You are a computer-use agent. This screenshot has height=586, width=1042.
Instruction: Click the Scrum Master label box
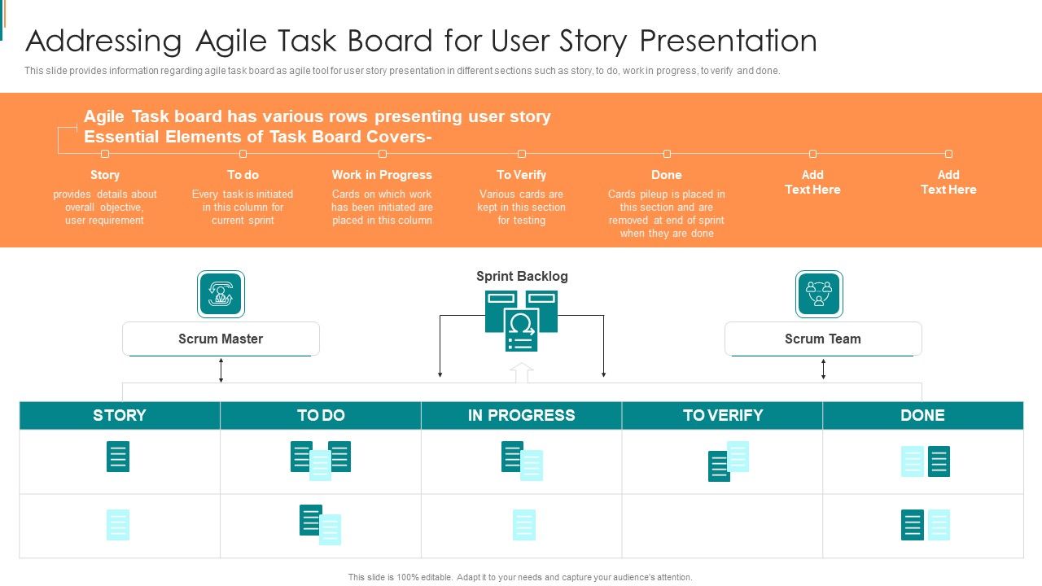pos(221,339)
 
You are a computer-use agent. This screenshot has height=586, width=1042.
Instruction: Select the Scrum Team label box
pos(823,339)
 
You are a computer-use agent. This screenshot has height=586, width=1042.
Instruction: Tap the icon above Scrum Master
pos(221,294)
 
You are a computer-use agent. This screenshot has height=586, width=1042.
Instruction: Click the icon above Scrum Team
pos(819,294)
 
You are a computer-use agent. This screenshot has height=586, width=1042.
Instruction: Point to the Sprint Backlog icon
pos(521,321)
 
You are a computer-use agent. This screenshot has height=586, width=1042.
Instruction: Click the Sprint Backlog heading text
pos(522,276)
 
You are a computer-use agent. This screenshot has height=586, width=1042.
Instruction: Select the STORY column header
pos(120,415)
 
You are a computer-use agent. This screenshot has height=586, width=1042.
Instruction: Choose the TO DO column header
pos(321,415)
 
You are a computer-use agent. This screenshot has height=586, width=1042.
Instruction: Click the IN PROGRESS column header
pos(521,415)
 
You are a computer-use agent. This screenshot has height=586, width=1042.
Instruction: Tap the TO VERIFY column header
pos(722,415)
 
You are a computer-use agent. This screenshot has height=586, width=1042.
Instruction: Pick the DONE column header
pos(922,415)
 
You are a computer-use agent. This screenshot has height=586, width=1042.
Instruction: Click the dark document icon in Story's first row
pos(118,457)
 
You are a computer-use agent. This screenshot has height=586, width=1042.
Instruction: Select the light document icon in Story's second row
pos(118,525)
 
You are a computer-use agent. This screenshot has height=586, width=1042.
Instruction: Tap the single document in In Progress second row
pos(524,525)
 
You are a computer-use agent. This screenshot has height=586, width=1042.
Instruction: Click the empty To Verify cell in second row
pos(722,526)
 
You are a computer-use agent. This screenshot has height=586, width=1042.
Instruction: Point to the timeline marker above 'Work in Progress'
pos(383,154)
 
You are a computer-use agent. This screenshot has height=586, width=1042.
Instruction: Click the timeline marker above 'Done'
pos(667,154)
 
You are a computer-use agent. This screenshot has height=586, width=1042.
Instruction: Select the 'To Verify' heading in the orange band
pos(522,175)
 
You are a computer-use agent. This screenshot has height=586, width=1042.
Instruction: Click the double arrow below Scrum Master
pos(221,370)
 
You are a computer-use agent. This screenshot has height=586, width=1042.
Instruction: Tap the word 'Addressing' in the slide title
pos(104,41)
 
